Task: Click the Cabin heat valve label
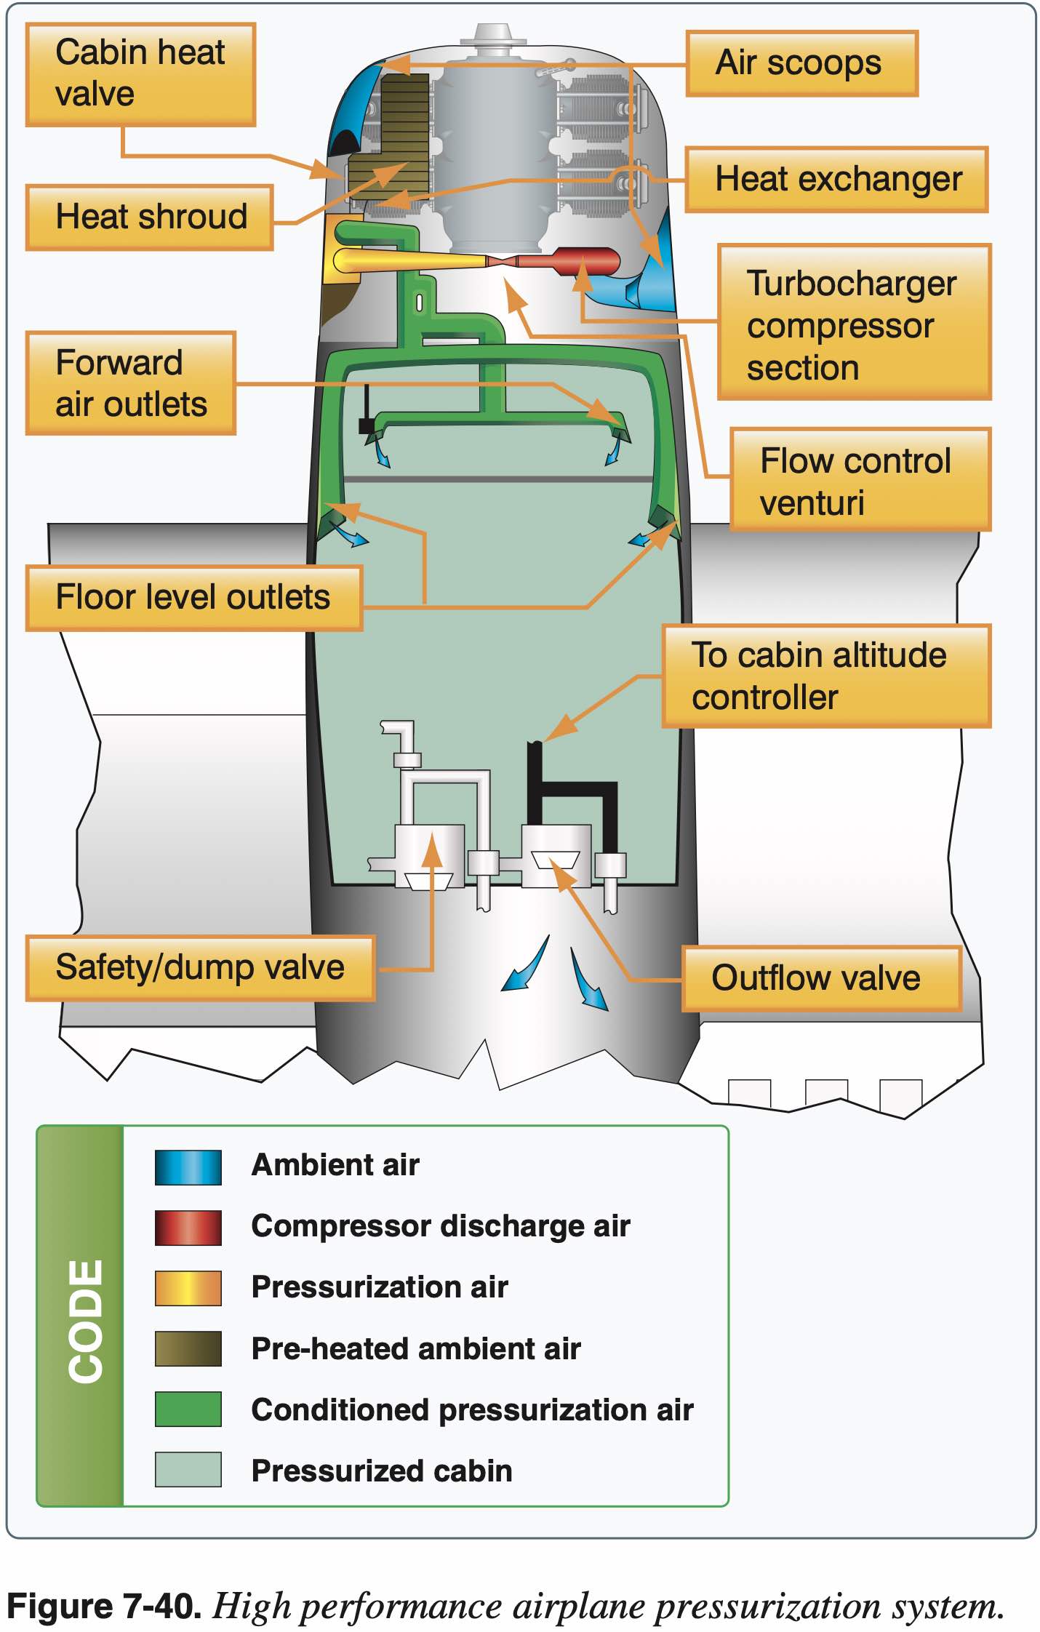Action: (140, 74)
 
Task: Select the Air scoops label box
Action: (801, 63)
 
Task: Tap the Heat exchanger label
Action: (836, 180)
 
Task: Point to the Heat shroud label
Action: (150, 217)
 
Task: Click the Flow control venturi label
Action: (860, 480)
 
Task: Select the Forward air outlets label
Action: (131, 383)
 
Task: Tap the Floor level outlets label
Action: (193, 597)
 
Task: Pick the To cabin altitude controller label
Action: (826, 676)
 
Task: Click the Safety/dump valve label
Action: (200, 968)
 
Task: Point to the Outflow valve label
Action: (821, 978)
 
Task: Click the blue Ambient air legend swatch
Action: (188, 1167)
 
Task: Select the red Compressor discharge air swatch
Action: (188, 1228)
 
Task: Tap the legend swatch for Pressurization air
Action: (188, 1288)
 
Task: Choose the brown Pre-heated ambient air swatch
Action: (188, 1349)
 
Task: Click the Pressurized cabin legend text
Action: (382, 1471)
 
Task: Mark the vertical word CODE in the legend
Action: (86, 1320)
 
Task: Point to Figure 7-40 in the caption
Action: (103, 1607)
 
